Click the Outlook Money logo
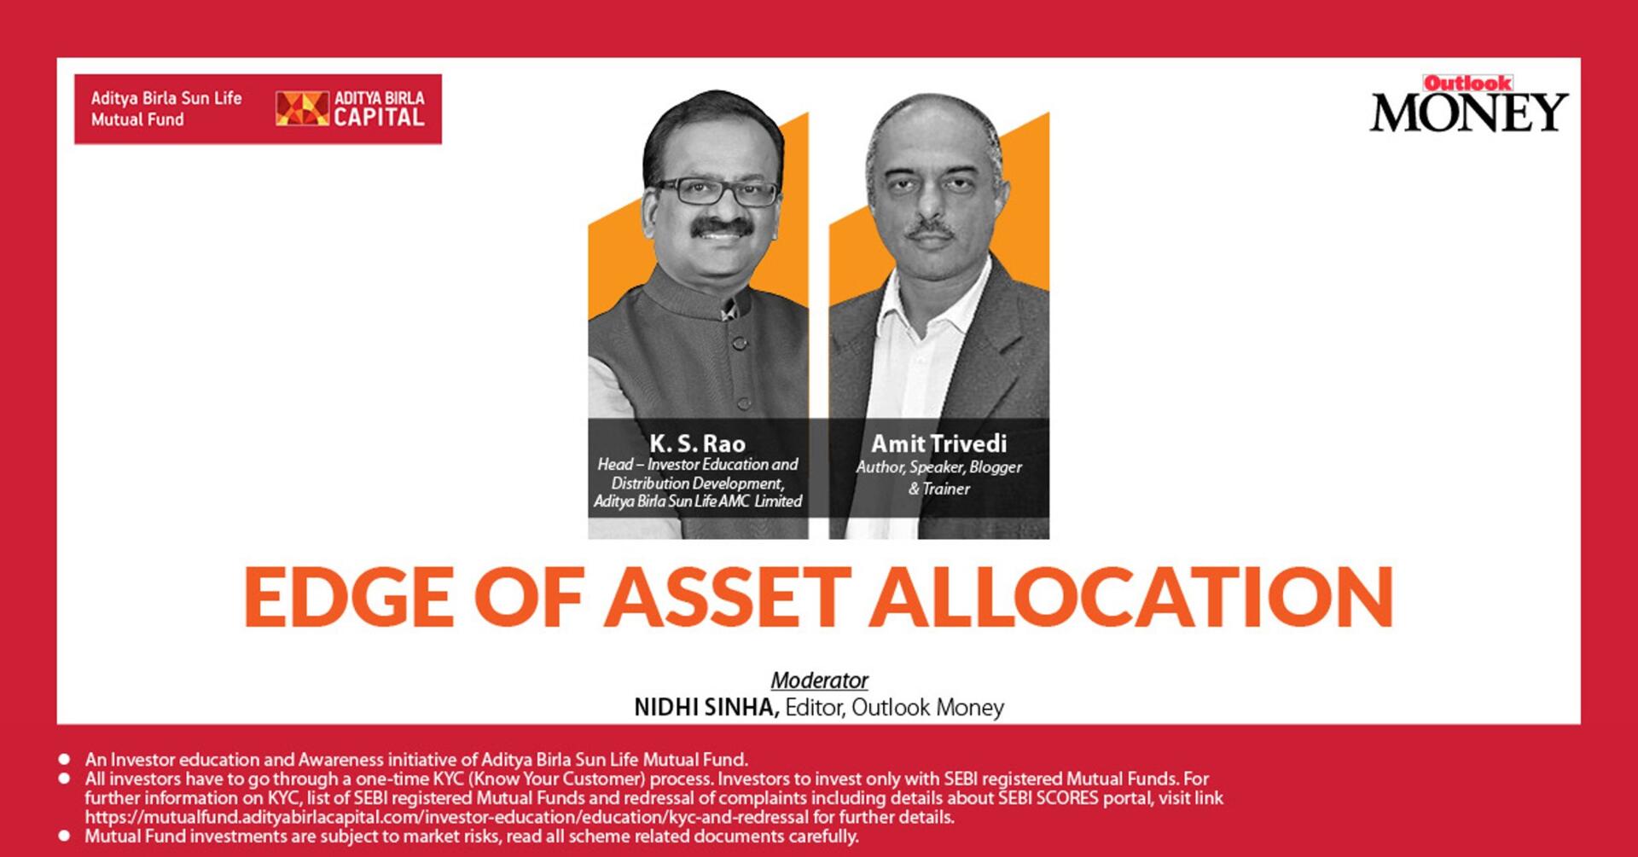[x=1468, y=104]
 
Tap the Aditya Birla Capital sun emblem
[x=302, y=109]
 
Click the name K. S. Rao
[x=698, y=443]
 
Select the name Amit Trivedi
[x=938, y=443]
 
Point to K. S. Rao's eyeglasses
[x=717, y=191]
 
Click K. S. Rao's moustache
[x=722, y=227]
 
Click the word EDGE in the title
[x=349, y=597]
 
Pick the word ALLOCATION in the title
[x=1132, y=597]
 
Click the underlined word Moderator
[x=819, y=680]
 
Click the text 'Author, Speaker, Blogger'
[x=938, y=467]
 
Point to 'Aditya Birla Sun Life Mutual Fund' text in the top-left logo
[x=166, y=109]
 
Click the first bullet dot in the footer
[x=64, y=759]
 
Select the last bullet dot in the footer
[x=64, y=836]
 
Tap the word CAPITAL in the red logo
[x=379, y=118]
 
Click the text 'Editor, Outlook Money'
[x=894, y=708]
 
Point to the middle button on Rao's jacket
[x=740, y=343]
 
